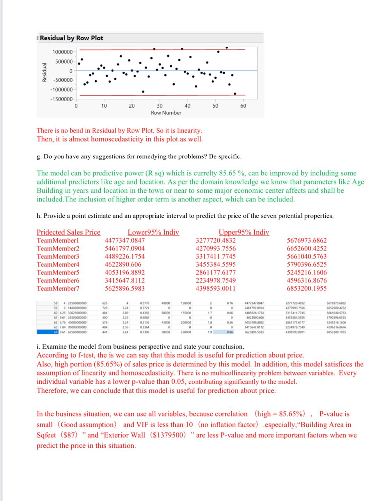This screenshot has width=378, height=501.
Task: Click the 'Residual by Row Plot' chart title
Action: coord(71,38)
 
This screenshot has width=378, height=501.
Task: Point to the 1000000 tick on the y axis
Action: coord(63,52)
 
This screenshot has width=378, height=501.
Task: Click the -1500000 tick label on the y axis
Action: coord(62,99)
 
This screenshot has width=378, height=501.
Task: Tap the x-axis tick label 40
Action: coord(187,106)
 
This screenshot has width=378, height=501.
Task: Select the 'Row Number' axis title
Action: coord(166,113)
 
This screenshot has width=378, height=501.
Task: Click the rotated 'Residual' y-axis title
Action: coord(45,72)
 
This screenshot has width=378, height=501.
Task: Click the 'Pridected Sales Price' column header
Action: coord(69,232)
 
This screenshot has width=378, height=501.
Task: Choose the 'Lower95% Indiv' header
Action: coord(153,232)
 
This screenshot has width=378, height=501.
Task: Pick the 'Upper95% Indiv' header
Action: coord(244,232)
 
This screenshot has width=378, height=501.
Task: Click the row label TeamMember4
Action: coord(58,264)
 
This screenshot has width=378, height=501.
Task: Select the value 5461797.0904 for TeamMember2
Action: coord(125,248)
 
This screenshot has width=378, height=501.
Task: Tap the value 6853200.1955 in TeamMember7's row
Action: coord(307,288)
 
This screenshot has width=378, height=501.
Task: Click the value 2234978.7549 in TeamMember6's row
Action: coord(215,280)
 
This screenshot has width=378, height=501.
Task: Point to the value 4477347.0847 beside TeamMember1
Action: coord(125,240)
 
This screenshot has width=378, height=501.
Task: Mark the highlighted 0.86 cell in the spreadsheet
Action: coord(230,332)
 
